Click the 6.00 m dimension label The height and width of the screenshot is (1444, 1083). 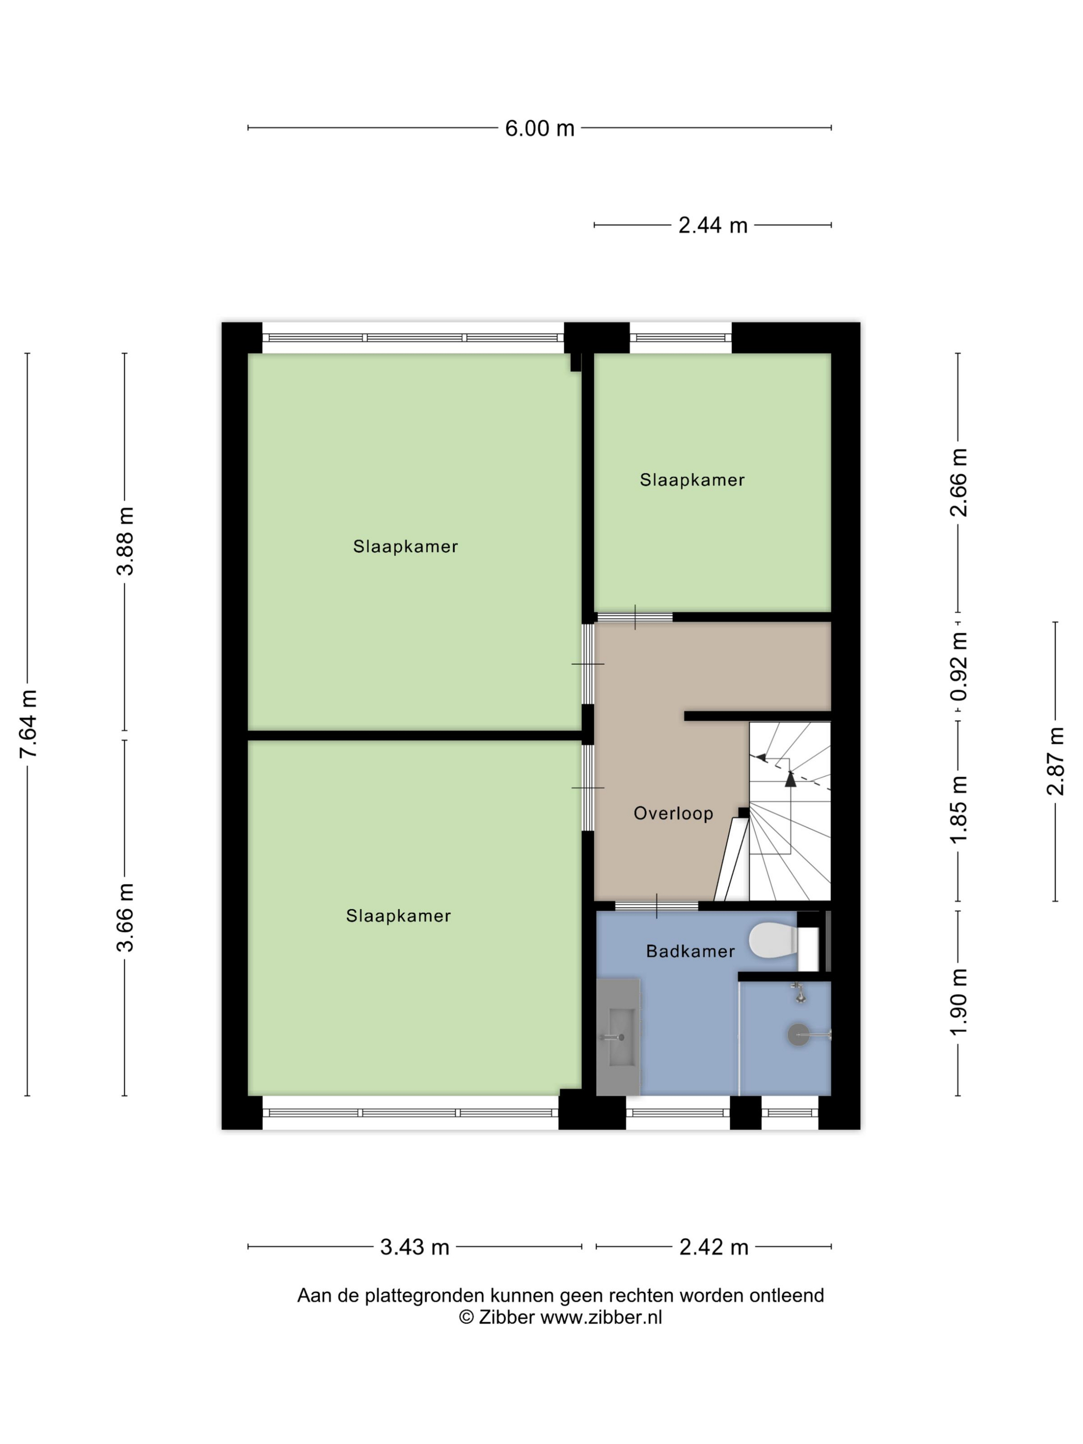click(539, 128)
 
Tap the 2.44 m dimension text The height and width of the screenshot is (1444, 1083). click(712, 225)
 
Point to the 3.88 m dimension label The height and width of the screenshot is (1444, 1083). click(125, 541)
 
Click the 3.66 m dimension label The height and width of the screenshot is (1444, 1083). click(125, 917)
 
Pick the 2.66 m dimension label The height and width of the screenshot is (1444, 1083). click(958, 482)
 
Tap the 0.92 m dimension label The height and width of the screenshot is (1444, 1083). click(958, 666)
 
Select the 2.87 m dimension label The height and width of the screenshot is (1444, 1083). click(1055, 761)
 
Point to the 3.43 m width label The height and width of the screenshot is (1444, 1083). click(415, 1247)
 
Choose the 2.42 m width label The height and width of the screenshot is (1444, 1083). click(714, 1247)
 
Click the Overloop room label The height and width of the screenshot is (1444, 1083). click(673, 813)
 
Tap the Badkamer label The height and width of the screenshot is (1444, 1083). click(690, 951)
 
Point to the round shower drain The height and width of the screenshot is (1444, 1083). click(798, 1034)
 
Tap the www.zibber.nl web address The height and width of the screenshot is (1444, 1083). click(601, 1317)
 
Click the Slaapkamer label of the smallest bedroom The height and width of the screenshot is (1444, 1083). click(692, 480)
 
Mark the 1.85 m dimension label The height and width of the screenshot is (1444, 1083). click(958, 810)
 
